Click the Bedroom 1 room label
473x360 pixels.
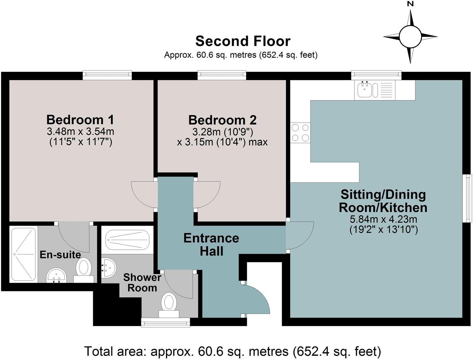point(80,120)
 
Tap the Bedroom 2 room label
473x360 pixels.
point(222,120)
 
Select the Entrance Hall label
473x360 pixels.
point(211,245)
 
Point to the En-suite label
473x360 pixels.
point(60,255)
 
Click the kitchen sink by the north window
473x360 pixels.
point(364,90)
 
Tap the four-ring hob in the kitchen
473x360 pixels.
point(300,133)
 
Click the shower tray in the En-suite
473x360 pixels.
point(23,254)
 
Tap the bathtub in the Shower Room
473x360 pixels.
point(127,239)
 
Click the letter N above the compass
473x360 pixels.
point(410,4)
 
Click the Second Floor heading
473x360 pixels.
point(243,41)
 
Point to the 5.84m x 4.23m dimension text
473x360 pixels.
point(383,219)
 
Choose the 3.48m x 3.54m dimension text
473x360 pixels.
point(80,131)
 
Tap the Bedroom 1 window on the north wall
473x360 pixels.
point(107,75)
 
